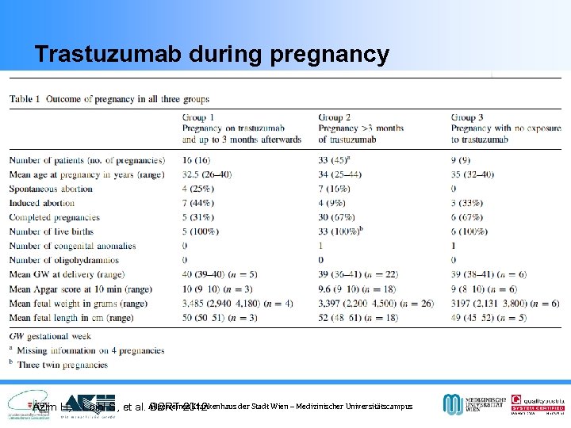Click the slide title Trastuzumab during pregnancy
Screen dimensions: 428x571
click(212, 55)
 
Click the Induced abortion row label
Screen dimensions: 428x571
click(42, 203)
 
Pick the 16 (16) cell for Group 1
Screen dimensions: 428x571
click(197, 160)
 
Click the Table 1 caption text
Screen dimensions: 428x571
click(109, 99)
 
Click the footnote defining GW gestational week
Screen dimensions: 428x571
click(50, 336)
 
